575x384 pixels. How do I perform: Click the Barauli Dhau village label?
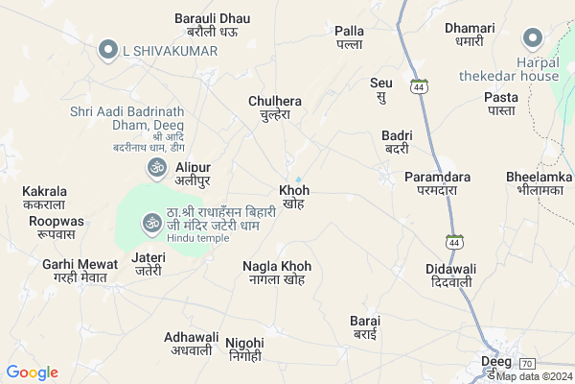coord(212,24)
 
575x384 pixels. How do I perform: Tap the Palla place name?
coord(349,37)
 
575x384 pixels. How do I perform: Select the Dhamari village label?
coord(470,34)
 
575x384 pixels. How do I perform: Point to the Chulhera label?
coord(274,107)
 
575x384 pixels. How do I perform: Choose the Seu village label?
coord(381,89)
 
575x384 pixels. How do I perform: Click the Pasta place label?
coord(500,104)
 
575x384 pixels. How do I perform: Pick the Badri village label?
coord(396,141)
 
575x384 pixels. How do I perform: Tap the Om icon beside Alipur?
coord(154,169)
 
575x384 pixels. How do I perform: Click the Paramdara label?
coord(437,183)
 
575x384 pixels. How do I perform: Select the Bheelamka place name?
coord(540,183)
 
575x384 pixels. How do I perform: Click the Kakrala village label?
coord(44,197)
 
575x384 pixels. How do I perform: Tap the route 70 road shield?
coord(526,363)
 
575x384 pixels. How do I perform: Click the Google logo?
coord(32,372)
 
